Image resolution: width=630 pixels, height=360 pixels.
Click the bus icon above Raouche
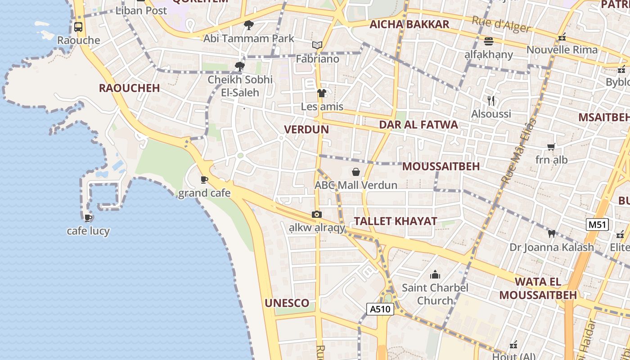(78, 27)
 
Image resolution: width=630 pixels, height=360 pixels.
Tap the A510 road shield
(380, 309)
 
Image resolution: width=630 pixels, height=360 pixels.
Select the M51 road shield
(598, 225)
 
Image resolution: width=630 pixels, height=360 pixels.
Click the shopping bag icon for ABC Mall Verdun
(356, 172)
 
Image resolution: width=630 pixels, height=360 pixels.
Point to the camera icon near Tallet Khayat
(317, 215)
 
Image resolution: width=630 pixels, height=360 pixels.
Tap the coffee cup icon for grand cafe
(204, 180)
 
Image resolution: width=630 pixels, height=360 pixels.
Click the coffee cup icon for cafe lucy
(88, 218)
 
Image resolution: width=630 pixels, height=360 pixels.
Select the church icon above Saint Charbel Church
(435, 274)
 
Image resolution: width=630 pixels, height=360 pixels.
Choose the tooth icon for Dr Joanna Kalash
(552, 234)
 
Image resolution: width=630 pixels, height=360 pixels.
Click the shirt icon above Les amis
(322, 93)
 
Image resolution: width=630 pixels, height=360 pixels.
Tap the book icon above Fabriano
(318, 45)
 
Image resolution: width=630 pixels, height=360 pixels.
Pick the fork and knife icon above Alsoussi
(491, 101)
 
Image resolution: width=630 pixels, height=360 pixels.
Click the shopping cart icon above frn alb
(551, 147)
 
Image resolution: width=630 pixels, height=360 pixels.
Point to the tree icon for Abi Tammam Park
(248, 25)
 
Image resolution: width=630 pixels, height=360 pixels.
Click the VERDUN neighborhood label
(306, 130)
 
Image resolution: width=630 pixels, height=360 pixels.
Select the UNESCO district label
(287, 303)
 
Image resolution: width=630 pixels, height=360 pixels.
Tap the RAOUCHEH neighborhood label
(130, 88)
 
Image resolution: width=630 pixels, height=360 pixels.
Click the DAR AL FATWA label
(418, 125)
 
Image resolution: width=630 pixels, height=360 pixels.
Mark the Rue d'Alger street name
(501, 25)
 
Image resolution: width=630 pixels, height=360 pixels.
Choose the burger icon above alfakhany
(489, 41)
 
